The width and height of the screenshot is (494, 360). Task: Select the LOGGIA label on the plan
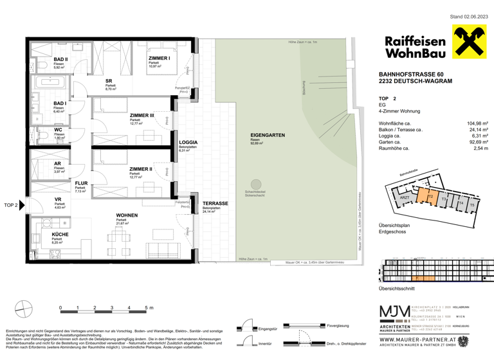pyautogui.click(x=188, y=142)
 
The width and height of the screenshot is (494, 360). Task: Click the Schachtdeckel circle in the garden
pyautogui.click(x=257, y=184)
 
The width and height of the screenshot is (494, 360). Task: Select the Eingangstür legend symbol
pyautogui.click(x=244, y=328)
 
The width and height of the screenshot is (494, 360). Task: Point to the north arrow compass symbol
pyautogui.click(x=24, y=308)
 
